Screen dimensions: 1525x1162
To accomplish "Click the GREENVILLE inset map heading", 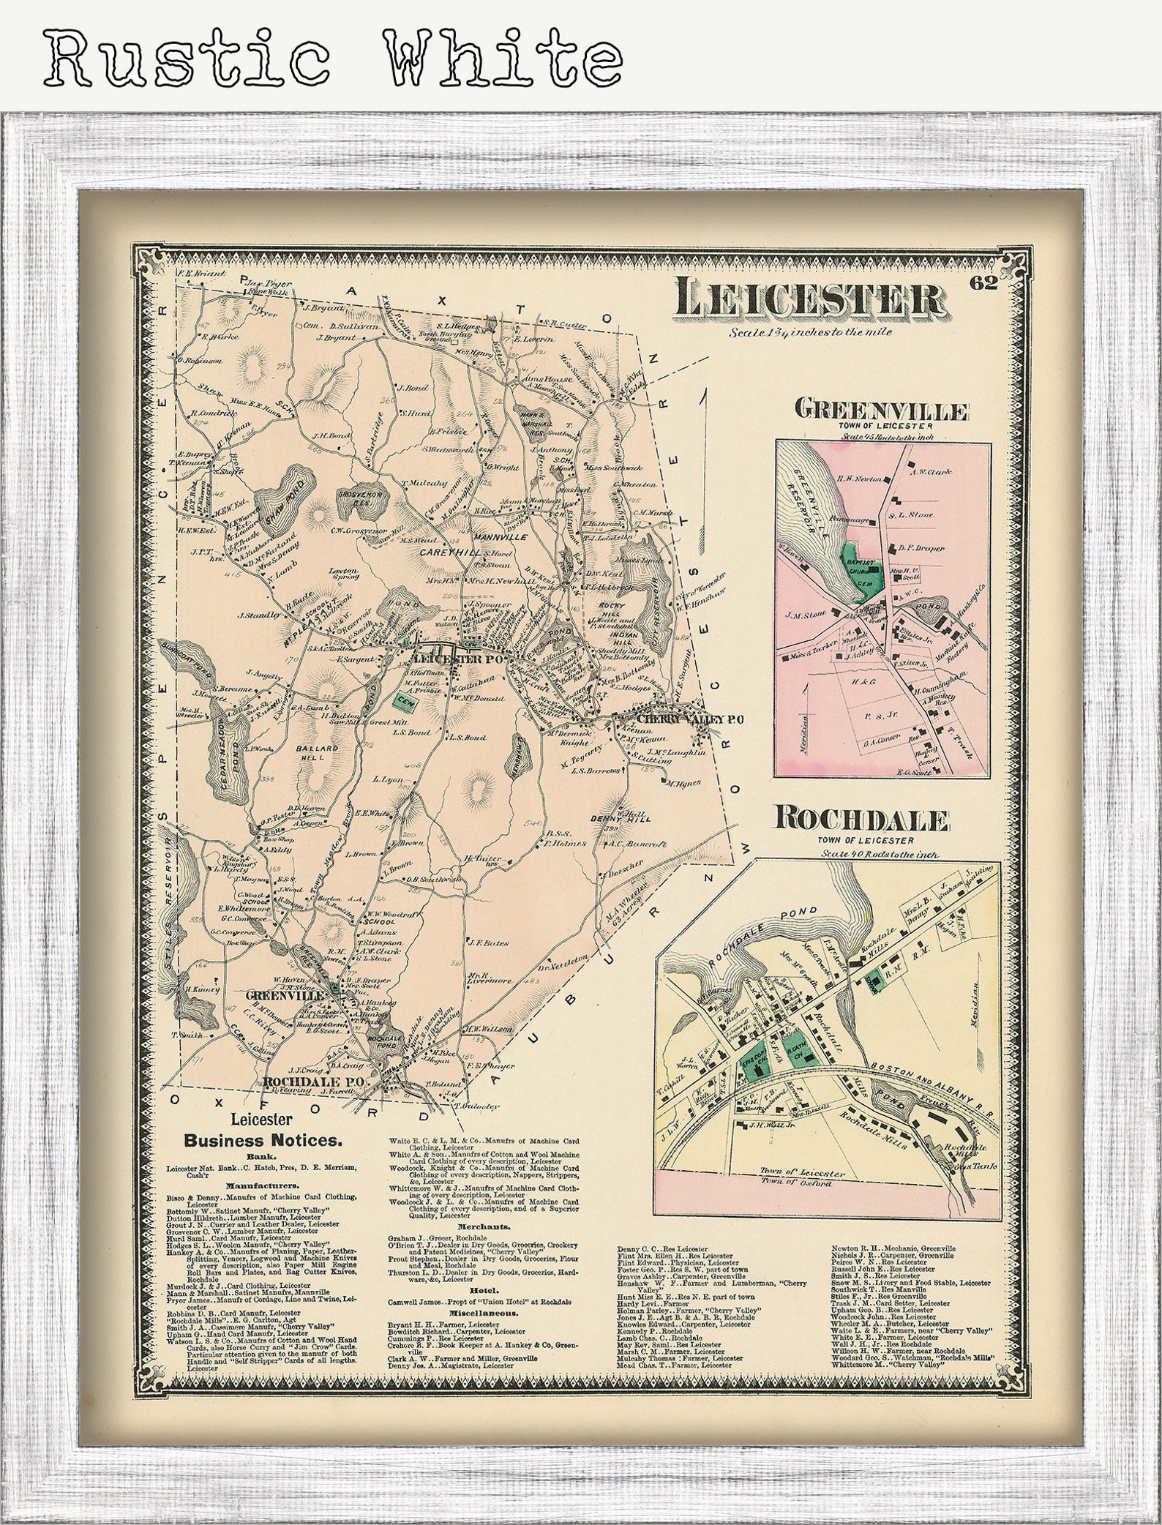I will click(x=883, y=411).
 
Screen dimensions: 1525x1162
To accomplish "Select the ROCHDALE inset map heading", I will click(x=863, y=820).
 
